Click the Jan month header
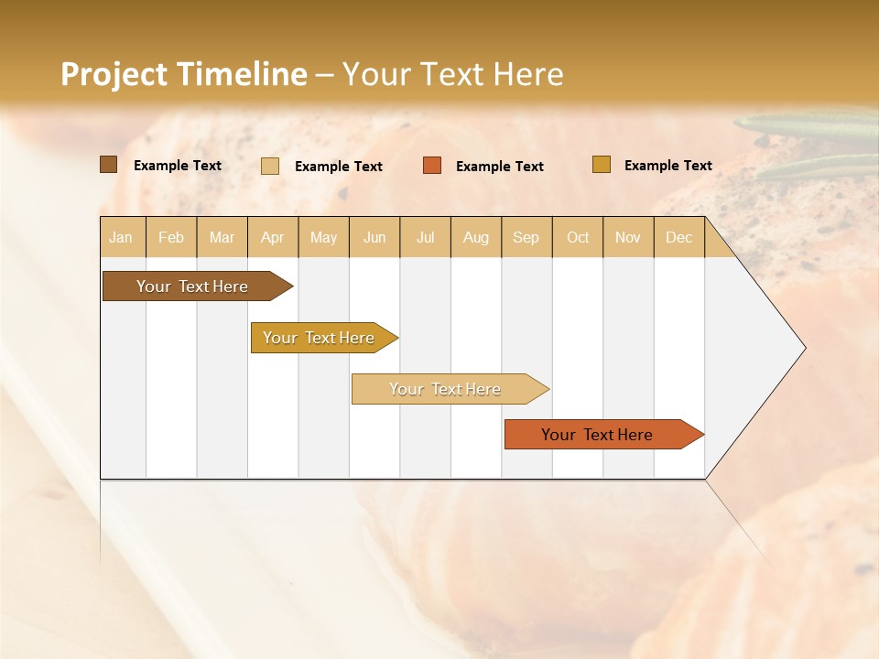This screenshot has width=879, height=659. tap(122, 237)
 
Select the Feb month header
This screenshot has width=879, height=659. tap(171, 237)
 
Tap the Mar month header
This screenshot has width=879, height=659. tap(222, 237)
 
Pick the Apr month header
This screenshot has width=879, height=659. tap(273, 237)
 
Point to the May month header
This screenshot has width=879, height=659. tap(323, 237)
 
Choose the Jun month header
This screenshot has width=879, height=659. tap(374, 237)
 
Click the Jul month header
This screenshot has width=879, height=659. tap(425, 237)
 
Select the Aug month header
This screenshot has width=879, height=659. tap(476, 237)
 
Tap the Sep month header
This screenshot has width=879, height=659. tap(526, 237)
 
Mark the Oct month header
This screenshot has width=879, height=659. tap(578, 237)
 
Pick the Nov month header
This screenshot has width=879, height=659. tap(628, 237)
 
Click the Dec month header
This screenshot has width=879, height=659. tap(679, 237)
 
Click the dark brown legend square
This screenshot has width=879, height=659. tap(109, 165)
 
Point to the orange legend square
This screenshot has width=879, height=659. tap(432, 166)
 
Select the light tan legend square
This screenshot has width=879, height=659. tap(270, 166)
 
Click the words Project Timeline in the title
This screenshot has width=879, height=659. tap(184, 74)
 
